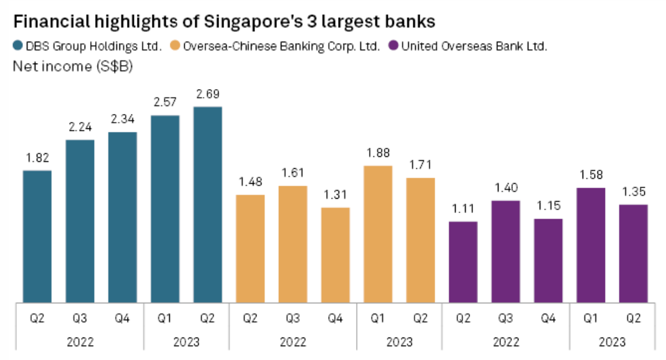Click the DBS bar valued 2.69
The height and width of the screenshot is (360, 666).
point(207,205)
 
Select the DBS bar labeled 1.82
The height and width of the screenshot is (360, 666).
point(37,237)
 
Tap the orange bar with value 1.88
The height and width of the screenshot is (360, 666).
point(378,234)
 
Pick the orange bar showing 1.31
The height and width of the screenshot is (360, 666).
point(335,255)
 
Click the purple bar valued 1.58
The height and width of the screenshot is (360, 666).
point(591,245)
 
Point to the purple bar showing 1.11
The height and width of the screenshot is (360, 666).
point(463,262)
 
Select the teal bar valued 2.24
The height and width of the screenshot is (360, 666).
point(80,221)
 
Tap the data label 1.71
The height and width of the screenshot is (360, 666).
point(420,165)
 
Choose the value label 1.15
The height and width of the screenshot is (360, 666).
point(548,206)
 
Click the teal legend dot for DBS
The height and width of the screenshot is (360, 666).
point(17,46)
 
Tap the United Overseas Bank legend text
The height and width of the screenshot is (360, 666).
point(474,46)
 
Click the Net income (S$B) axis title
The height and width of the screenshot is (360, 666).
point(73,65)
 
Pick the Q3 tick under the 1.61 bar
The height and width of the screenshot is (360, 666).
point(293,318)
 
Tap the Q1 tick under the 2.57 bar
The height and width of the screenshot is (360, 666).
point(165,318)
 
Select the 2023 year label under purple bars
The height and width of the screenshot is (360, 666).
point(612,341)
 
